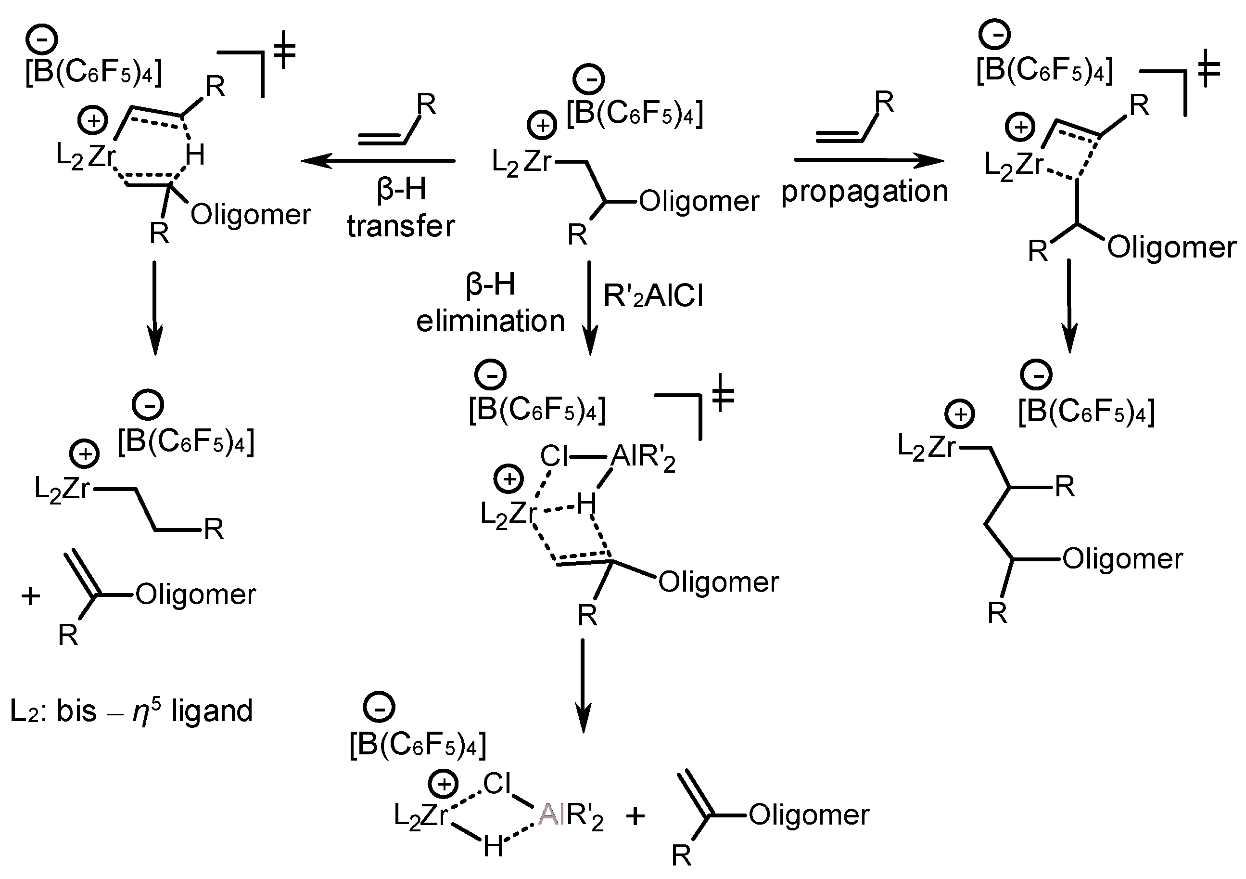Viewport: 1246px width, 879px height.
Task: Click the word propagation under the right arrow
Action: click(864, 193)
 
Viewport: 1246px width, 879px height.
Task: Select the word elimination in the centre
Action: click(490, 321)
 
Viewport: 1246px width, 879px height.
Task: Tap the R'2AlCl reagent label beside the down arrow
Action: click(653, 297)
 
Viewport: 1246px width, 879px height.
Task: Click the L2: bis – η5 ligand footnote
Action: click(131, 711)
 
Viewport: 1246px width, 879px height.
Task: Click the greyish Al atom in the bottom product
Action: click(548, 814)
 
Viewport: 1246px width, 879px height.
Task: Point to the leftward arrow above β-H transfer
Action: click(378, 161)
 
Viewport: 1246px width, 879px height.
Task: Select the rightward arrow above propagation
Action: click(868, 160)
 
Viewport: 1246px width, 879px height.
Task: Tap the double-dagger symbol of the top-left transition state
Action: click(283, 53)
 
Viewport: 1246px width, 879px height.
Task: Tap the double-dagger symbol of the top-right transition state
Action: click(1208, 73)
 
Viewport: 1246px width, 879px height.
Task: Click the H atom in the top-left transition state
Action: click(195, 155)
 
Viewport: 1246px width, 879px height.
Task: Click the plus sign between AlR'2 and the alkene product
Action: click(636, 815)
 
